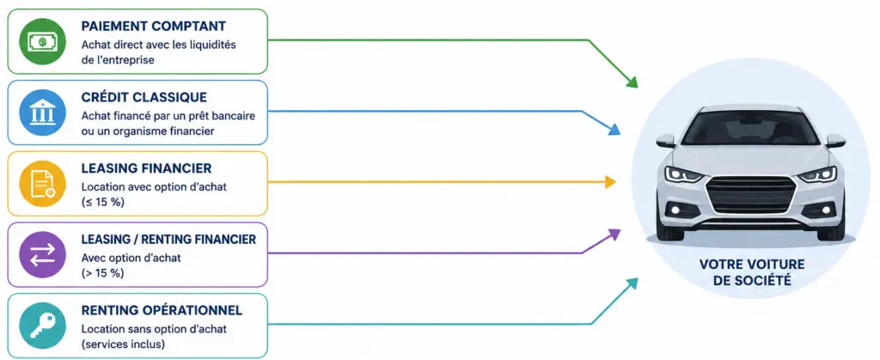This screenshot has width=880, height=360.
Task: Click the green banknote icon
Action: pyautogui.click(x=43, y=41)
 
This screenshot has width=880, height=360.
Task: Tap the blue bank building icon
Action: pyautogui.click(x=43, y=113)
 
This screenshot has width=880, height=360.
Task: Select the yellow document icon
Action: pyautogui.click(x=43, y=184)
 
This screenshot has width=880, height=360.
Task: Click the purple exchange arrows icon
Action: pyautogui.click(x=43, y=254)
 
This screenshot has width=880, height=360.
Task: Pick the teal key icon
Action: pyautogui.click(x=43, y=326)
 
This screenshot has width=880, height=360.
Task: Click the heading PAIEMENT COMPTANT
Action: pyautogui.click(x=154, y=27)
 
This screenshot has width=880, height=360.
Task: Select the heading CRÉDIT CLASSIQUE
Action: pyautogui.click(x=144, y=98)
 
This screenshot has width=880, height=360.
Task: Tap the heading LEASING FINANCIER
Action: pyautogui.click(x=146, y=168)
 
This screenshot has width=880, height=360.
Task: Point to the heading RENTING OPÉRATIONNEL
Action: pyautogui.click(x=162, y=311)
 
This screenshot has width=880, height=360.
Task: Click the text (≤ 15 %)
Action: pyautogui.click(x=103, y=203)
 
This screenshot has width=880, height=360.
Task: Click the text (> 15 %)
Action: pyautogui.click(x=103, y=273)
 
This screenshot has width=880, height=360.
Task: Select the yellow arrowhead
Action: pyautogui.click(x=611, y=181)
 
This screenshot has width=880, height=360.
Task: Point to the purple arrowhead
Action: pyautogui.click(x=614, y=234)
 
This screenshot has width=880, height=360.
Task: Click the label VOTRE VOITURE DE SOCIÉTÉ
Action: pyautogui.click(x=752, y=272)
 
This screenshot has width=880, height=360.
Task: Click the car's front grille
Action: pyautogui.click(x=751, y=193)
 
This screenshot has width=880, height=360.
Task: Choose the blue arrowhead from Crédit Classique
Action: pyautogui.click(x=614, y=130)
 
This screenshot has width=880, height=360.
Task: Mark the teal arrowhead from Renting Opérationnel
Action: pyautogui.click(x=632, y=284)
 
